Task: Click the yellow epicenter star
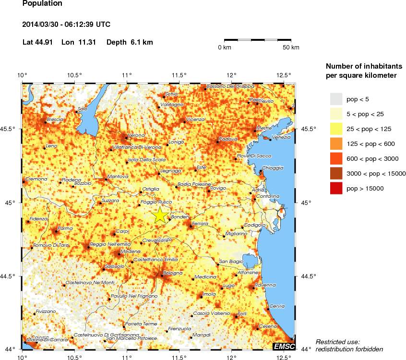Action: click(x=161, y=215)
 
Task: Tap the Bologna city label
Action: click(x=172, y=273)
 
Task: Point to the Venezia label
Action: click(x=281, y=137)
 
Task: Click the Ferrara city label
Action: click(x=200, y=224)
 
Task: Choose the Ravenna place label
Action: click(x=265, y=285)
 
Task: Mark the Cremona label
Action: click(x=36, y=179)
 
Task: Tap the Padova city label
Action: click(x=228, y=139)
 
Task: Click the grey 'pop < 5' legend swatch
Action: click(x=336, y=99)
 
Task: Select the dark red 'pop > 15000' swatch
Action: click(x=336, y=189)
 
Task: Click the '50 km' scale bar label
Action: click(x=291, y=48)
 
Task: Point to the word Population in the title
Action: click(x=42, y=3)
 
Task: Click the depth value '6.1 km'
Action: click(x=142, y=42)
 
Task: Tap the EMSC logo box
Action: click(x=283, y=346)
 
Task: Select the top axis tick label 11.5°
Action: click(x=179, y=75)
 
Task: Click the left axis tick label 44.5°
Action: click(x=12, y=276)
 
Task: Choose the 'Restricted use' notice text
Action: click(x=337, y=342)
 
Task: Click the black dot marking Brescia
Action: click(x=45, y=122)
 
